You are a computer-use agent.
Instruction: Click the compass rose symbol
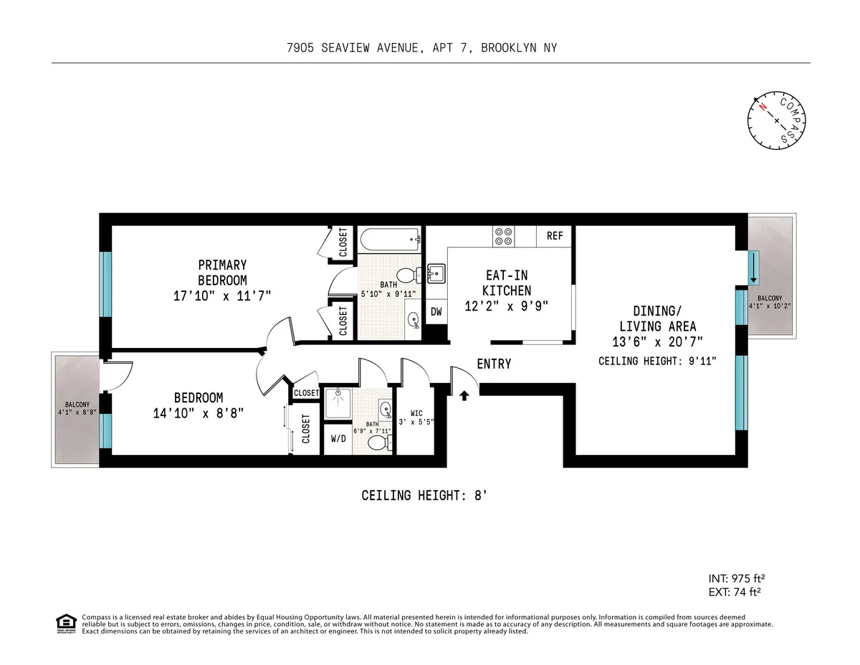[x=777, y=121]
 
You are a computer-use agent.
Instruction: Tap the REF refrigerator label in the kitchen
[x=555, y=235]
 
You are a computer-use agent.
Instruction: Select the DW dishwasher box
[x=436, y=311]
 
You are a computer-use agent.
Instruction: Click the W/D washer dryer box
[x=337, y=439]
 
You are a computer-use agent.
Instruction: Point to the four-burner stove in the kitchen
[x=502, y=236]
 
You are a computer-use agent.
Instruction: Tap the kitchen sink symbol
[x=436, y=273]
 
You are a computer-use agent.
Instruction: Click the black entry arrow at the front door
[x=464, y=394]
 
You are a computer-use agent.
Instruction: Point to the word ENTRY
[x=494, y=364]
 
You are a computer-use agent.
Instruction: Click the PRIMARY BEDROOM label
[x=222, y=273]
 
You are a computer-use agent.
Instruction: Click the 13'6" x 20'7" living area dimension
[x=657, y=341]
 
